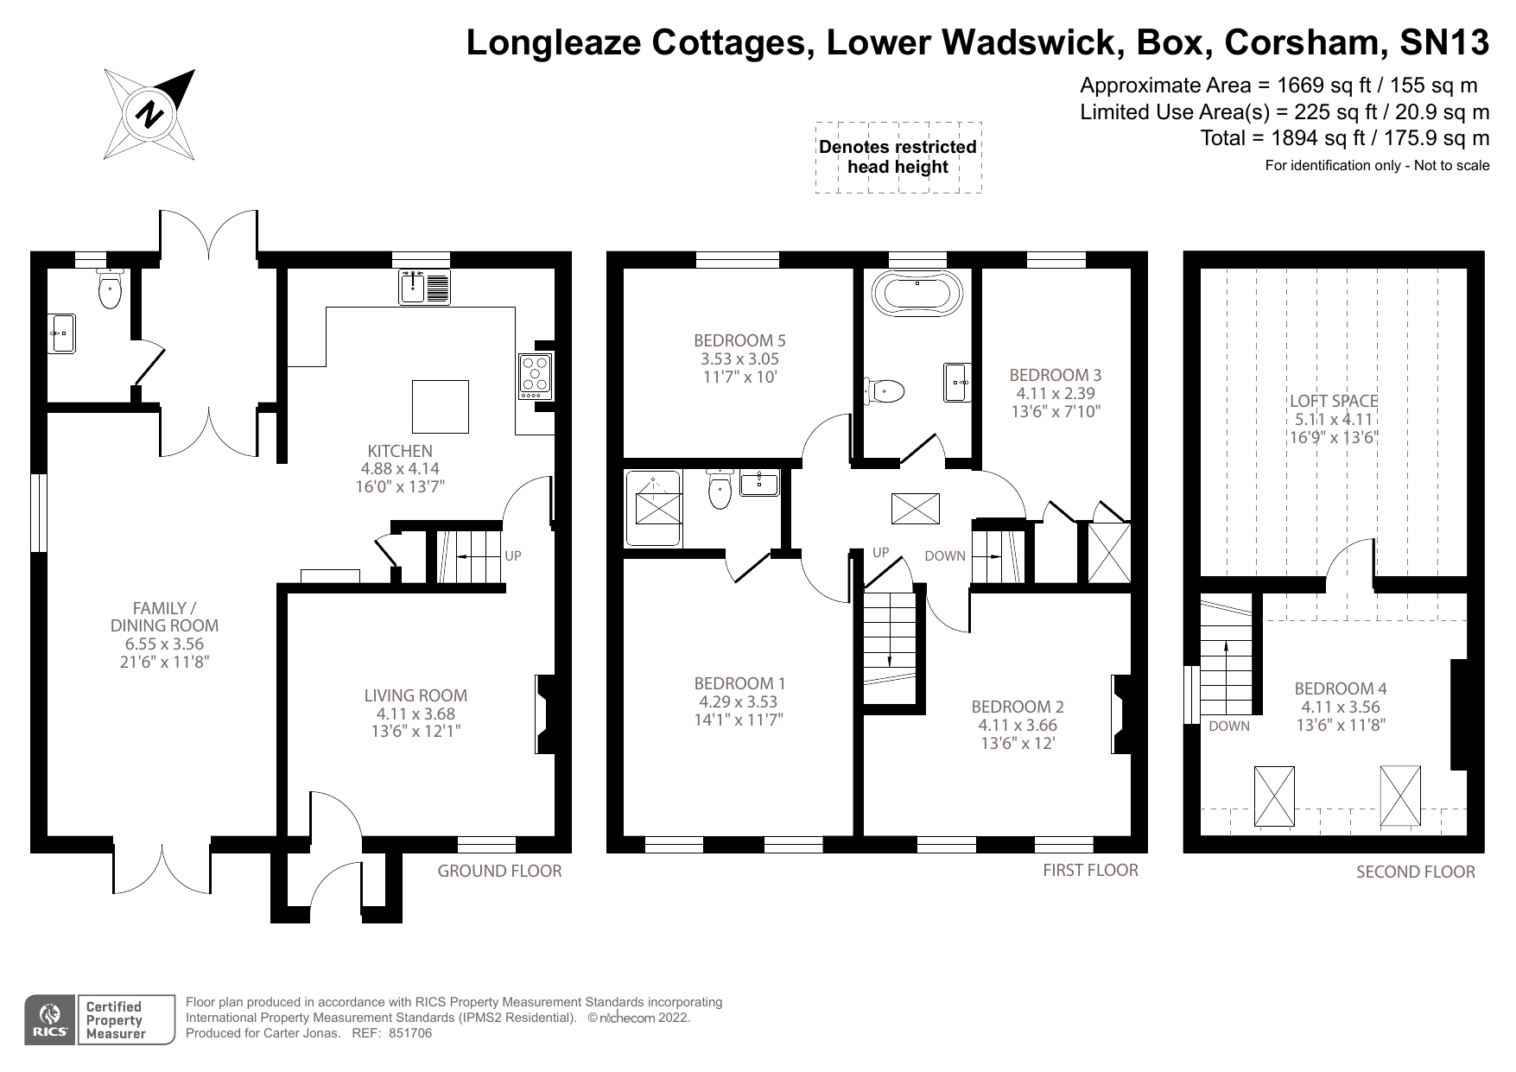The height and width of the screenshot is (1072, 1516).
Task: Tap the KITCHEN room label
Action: coord(400,451)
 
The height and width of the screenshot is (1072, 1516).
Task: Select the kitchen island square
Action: coord(441,406)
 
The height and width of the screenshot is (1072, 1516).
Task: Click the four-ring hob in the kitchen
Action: coord(535,376)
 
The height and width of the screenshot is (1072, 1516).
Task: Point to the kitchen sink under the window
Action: coord(425,288)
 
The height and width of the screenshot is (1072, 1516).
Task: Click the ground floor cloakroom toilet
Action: coord(110,289)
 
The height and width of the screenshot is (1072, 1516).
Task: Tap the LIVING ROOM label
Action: coord(415,695)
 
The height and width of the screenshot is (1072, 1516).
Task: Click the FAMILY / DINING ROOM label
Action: coord(164,617)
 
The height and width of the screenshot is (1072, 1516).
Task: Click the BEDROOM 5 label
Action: coord(739,340)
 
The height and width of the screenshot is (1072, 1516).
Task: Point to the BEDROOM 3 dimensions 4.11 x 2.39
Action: coord(1055,393)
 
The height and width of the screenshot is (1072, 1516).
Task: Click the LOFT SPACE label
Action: coord(1333,401)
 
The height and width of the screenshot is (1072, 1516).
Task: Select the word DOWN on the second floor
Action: coord(1228,726)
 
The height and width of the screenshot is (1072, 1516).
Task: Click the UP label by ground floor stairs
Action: coord(512,555)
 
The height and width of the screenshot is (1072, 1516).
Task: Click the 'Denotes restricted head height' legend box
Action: coord(898,157)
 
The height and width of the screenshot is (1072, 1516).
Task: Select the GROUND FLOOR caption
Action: coord(499,871)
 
